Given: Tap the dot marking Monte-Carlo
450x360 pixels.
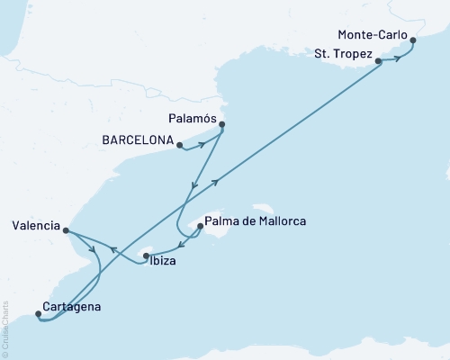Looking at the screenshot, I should [413, 39].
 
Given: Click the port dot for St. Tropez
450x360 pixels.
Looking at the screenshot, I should [379, 61].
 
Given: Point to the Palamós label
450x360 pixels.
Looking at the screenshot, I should [193, 117].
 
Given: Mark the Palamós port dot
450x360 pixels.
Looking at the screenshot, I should [222, 125].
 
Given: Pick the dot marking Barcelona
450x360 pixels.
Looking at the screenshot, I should [179, 143].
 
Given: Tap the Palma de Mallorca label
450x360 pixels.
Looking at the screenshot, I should [256, 220].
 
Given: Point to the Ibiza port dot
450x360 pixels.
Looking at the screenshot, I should [145, 257].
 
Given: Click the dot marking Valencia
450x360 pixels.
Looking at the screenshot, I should [67, 230].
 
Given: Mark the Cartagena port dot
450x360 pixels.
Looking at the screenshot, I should [38, 314].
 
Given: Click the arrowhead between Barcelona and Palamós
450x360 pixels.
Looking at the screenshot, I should [202, 144].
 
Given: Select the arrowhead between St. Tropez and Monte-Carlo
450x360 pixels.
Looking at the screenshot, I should [397, 59].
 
